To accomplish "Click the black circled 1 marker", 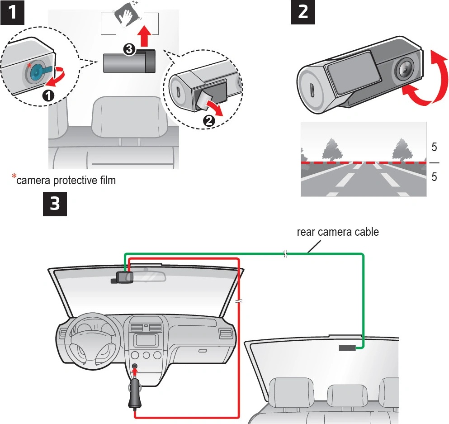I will [x=48, y=95].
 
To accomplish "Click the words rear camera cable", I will [x=337, y=232].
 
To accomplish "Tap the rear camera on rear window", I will [x=347, y=348].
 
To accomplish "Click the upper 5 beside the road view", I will [x=434, y=148].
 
